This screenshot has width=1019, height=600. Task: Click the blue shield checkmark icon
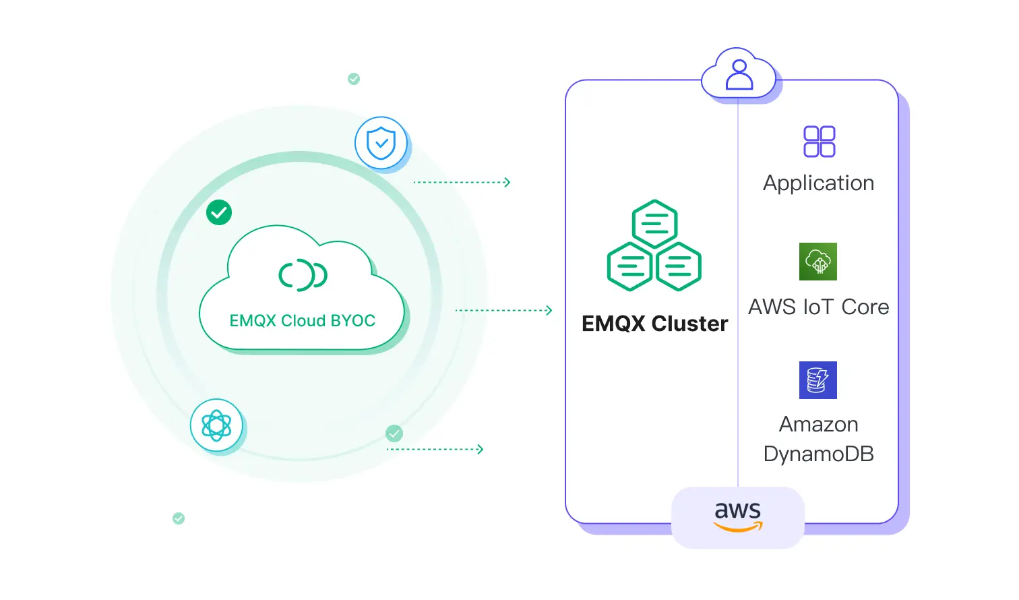[x=381, y=143]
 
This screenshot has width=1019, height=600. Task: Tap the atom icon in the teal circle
[x=216, y=425]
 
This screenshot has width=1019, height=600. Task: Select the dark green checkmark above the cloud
[x=219, y=212]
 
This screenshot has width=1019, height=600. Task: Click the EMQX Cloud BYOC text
[x=302, y=320]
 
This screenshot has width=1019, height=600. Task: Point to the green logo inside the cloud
[x=303, y=274]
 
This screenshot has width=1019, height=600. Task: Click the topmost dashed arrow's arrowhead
[x=507, y=182]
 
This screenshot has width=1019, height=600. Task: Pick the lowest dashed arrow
[x=435, y=449]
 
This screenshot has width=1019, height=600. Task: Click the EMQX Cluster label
[x=654, y=324]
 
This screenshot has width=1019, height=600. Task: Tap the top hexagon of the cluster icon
[x=654, y=223]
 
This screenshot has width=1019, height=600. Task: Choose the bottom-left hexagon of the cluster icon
[x=629, y=266]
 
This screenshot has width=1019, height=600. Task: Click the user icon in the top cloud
[x=739, y=75]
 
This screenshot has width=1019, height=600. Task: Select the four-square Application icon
[x=819, y=142]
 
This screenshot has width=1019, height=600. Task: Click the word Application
[x=818, y=183]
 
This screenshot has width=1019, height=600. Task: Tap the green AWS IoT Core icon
[x=817, y=262]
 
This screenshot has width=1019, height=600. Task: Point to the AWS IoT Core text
[x=818, y=307]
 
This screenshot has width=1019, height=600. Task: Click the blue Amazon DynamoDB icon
[x=817, y=380]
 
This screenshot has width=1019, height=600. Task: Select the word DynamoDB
[x=818, y=454]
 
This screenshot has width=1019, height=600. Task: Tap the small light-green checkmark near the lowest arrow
[x=394, y=433]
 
